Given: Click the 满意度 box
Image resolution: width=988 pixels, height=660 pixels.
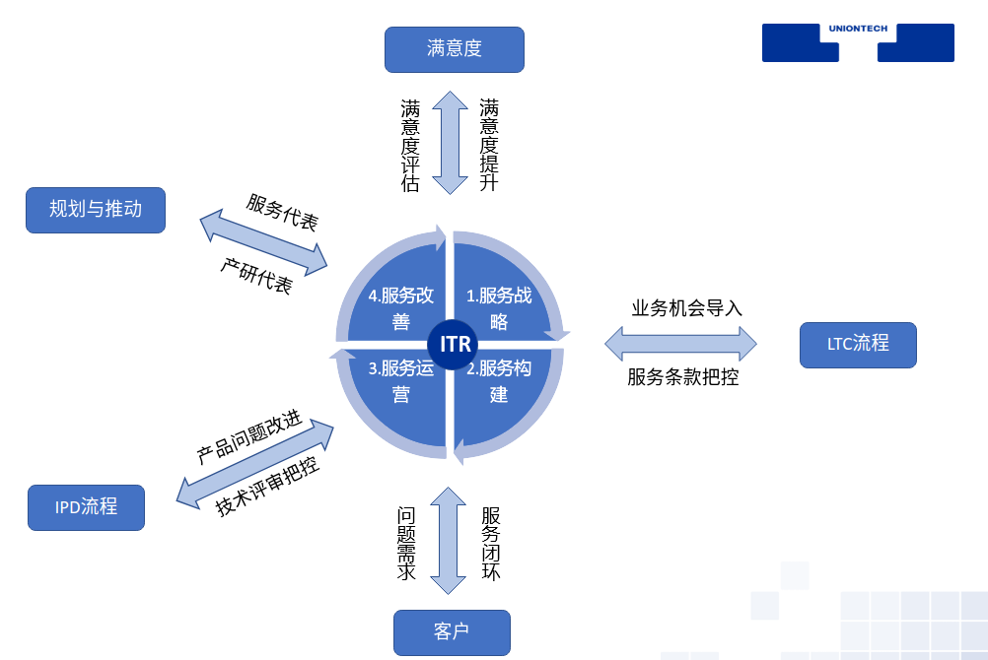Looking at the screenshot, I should (x=454, y=49).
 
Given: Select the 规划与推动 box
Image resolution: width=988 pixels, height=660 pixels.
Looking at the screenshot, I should (x=96, y=210).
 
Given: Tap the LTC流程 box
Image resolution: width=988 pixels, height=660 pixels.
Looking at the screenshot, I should (x=858, y=345).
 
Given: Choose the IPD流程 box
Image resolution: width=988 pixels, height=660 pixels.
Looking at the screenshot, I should (x=86, y=507).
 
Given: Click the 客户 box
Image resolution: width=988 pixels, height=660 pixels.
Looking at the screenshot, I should (x=452, y=632).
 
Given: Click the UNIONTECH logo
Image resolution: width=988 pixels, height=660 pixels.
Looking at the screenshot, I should (x=858, y=42).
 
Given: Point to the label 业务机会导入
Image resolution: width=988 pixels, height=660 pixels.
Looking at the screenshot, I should (x=687, y=308).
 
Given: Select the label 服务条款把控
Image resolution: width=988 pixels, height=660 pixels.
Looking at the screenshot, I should (x=683, y=376).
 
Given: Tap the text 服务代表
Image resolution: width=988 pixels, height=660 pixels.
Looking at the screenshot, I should (x=282, y=213).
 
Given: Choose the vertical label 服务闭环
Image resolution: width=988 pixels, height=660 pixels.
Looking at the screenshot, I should (x=490, y=543).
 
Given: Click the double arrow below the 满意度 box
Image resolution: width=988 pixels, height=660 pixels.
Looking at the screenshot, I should (x=451, y=143).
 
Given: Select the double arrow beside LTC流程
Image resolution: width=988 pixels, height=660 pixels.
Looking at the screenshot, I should (x=680, y=344).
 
